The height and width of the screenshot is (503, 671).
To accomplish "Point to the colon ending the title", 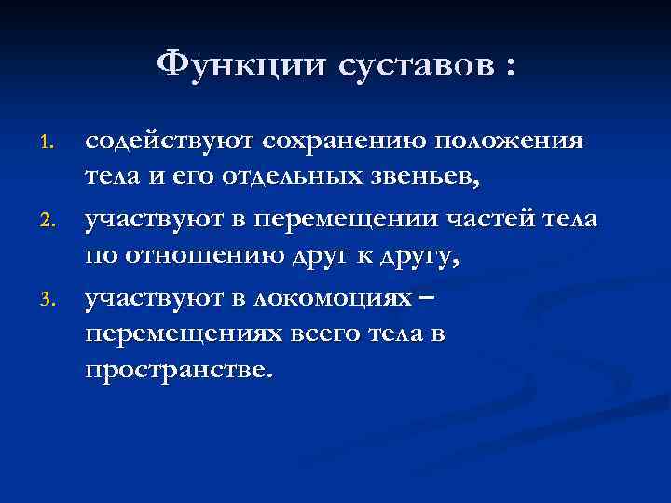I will point(508,67).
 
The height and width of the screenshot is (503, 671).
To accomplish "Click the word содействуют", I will point(170,142).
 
